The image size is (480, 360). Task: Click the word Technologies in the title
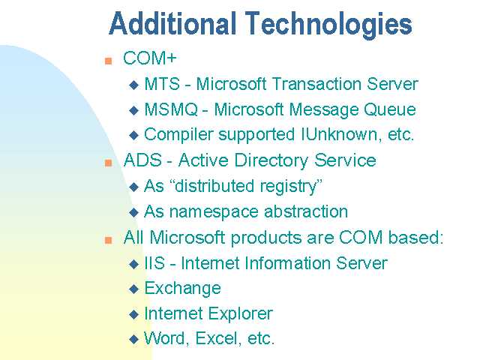(x=328, y=25)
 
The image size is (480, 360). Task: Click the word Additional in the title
(x=172, y=23)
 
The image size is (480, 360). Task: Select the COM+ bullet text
(x=150, y=58)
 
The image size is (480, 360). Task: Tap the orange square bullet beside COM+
(x=108, y=61)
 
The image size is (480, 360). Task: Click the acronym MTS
(x=162, y=83)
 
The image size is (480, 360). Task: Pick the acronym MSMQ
(x=171, y=109)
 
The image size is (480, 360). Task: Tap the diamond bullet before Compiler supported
(x=133, y=135)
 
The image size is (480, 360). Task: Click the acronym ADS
(x=142, y=160)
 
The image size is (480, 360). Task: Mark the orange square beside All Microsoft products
(x=108, y=240)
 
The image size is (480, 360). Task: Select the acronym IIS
(x=154, y=263)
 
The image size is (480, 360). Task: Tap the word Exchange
(x=182, y=289)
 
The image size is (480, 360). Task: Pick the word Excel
(x=217, y=338)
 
